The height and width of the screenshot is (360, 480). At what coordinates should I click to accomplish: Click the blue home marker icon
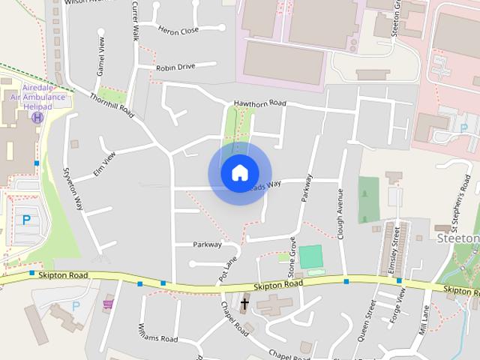click(239, 172)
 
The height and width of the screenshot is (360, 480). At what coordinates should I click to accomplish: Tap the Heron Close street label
click(178, 30)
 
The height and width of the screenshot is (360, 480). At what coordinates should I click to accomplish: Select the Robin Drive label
click(175, 67)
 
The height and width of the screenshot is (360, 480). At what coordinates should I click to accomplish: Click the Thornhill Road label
click(111, 105)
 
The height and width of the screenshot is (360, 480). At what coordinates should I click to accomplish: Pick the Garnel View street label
click(98, 51)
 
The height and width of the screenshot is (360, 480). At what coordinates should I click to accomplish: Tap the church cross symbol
click(244, 304)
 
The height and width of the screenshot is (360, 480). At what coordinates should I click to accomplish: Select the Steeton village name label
click(458, 238)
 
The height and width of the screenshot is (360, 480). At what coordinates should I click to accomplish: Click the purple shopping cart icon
click(108, 304)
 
